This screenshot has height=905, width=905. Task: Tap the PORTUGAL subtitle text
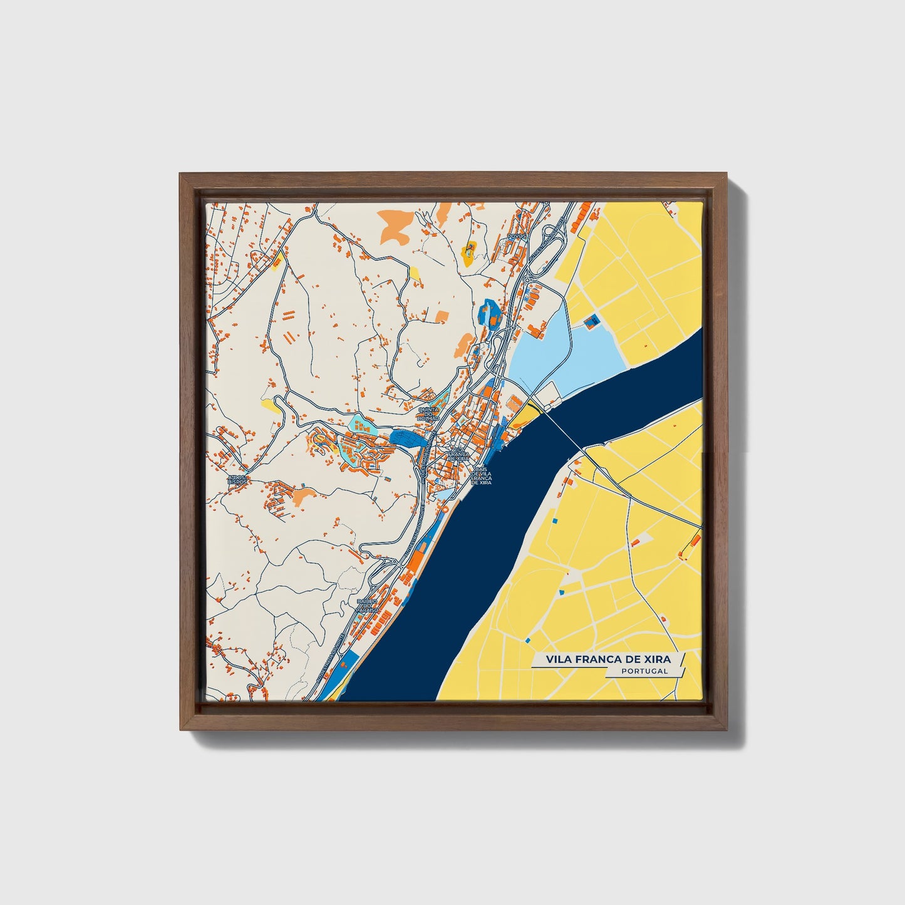[x=644, y=671]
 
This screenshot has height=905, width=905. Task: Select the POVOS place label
[x=518, y=236]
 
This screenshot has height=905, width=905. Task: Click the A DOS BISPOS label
[x=238, y=480]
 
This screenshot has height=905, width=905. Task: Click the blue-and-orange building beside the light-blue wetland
[x=591, y=322]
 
